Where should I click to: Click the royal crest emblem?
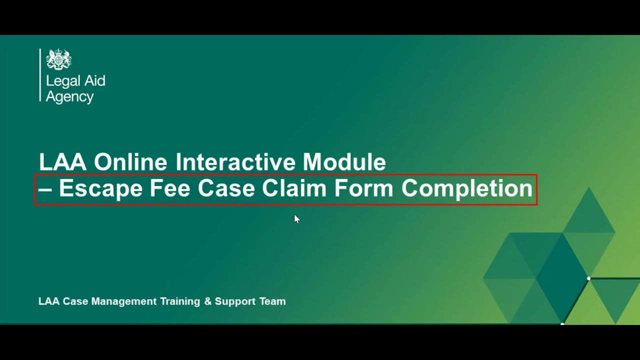(59, 59)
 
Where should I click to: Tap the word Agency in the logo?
(69, 97)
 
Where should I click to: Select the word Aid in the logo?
(94, 81)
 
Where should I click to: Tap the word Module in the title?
(344, 162)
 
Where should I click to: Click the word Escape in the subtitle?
(100, 189)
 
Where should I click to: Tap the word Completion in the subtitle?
(467, 189)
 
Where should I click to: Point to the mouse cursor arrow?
(296, 218)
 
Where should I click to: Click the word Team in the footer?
(272, 301)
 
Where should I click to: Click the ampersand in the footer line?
(208, 301)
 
